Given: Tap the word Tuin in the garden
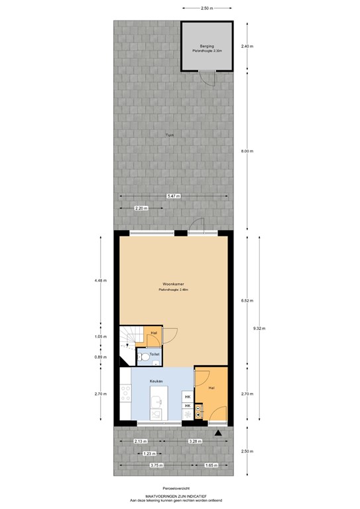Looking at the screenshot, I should (170, 137).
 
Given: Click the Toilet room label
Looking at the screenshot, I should (153, 355).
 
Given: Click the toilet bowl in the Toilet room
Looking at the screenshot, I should (143, 356).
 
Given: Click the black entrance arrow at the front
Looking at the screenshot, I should (218, 433).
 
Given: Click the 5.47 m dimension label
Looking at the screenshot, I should (174, 196).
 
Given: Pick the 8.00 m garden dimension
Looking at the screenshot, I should (248, 151).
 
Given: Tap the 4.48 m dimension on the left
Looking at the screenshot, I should (101, 280).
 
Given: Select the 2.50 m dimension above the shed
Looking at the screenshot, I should (207, 9).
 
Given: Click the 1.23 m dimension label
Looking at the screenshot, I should (150, 453).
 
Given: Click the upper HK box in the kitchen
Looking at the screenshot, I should (188, 397).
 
